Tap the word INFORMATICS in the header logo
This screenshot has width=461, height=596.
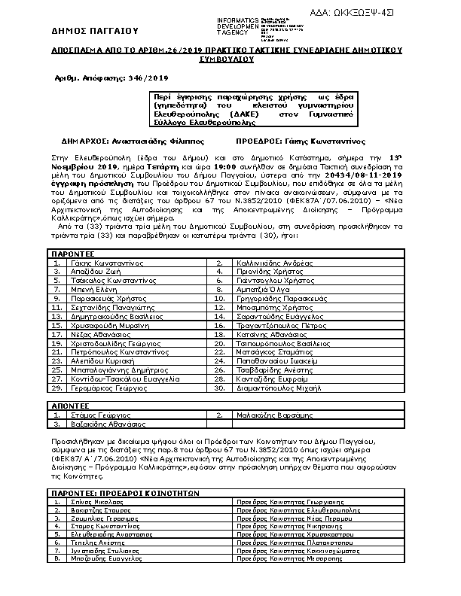(x=237, y=19)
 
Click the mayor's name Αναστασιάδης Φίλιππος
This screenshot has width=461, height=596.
(x=148, y=141)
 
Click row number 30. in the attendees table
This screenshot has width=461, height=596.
(x=220, y=388)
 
